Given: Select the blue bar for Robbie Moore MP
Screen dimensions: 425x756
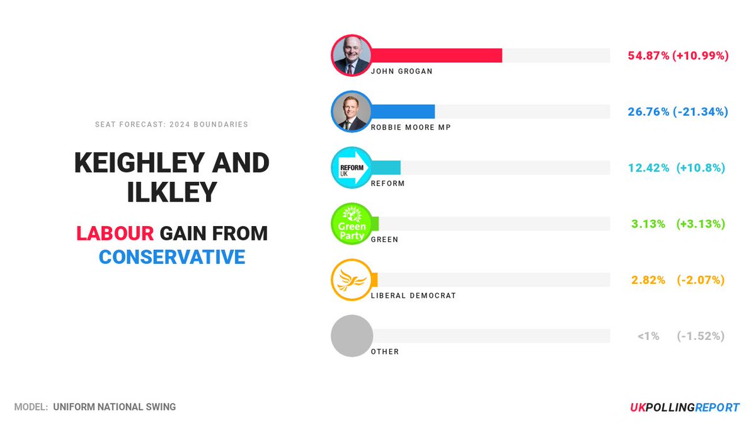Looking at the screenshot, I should click(403, 111).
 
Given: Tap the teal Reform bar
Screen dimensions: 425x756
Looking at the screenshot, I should click(386, 167).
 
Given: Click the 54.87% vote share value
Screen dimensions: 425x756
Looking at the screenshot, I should click(648, 55).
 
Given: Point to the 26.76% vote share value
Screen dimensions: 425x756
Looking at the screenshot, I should click(648, 111).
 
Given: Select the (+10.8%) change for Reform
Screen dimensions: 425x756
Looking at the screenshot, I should click(701, 167).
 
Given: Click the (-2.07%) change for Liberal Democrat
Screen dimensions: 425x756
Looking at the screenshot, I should click(701, 280).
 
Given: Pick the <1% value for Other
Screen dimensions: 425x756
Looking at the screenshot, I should click(648, 336).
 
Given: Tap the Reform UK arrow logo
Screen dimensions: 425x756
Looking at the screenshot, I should click(352, 167).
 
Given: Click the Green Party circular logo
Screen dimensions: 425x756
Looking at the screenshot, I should click(352, 224).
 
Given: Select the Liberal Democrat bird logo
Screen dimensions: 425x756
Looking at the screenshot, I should click(352, 280).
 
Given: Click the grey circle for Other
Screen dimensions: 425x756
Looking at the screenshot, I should click(352, 336).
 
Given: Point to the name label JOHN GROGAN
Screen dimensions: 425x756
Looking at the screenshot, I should click(401, 71).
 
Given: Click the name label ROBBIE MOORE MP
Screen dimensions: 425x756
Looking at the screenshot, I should click(411, 127).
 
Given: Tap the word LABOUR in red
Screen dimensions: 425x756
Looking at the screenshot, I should click(115, 234).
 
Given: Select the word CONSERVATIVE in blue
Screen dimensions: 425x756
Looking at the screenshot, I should click(172, 257).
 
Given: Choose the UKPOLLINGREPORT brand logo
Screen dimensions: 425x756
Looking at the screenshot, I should click(684, 407).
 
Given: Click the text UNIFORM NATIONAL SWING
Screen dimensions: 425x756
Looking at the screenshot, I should click(115, 407).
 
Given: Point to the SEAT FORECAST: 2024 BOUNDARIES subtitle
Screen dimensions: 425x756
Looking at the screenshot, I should click(172, 124).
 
